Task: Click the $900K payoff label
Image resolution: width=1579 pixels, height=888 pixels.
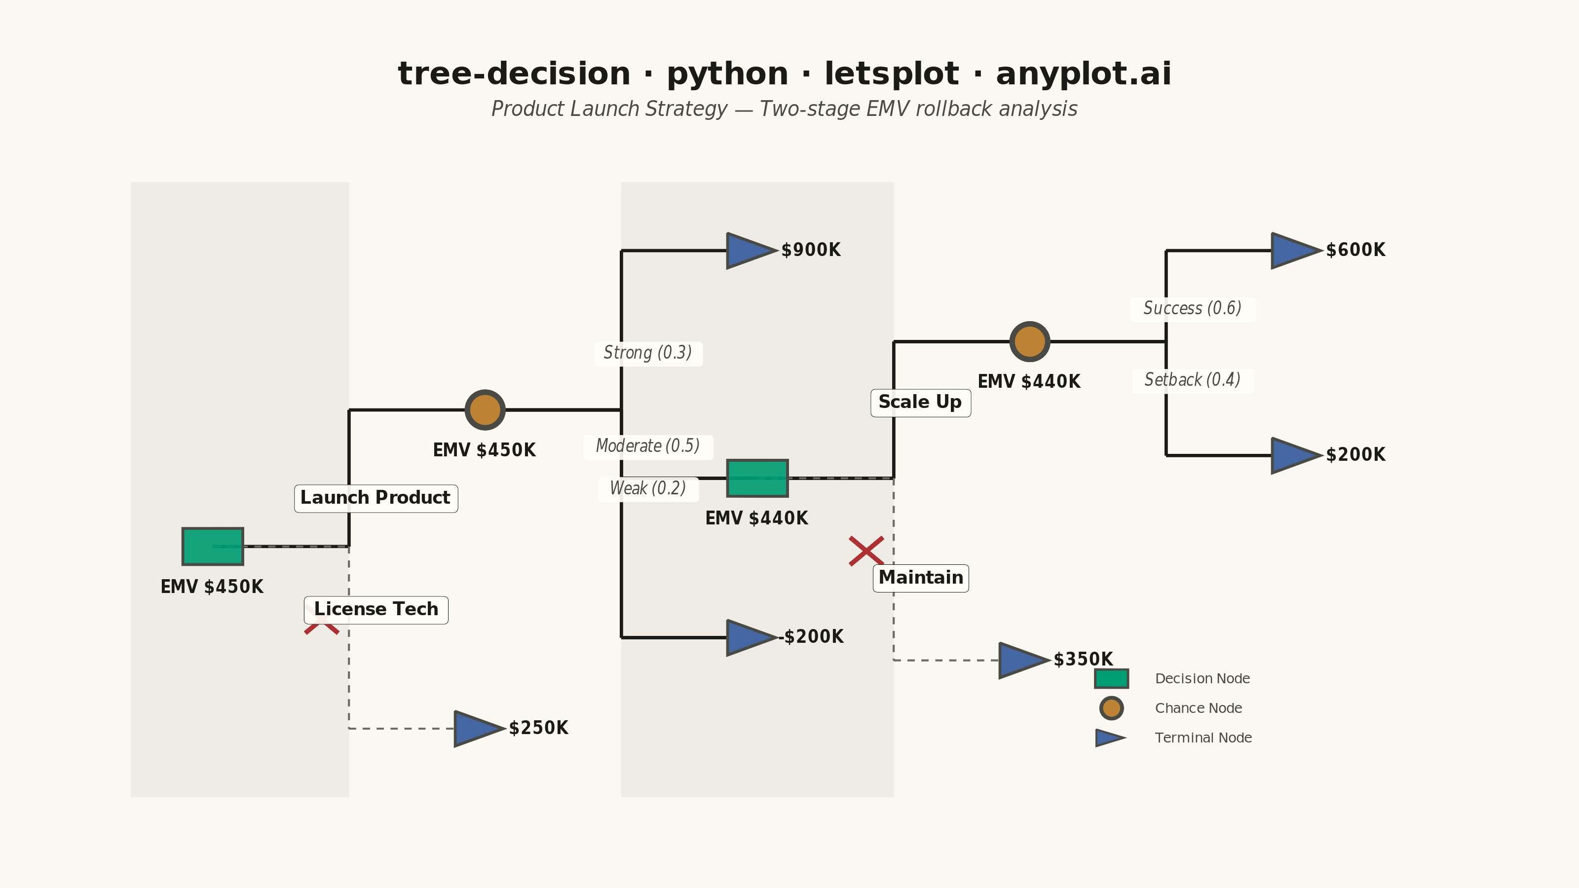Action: (811, 250)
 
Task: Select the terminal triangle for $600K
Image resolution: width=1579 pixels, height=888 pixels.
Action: (1296, 251)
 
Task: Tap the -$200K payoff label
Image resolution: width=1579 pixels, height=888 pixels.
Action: (812, 637)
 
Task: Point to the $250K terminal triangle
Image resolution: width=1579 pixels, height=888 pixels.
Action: (479, 729)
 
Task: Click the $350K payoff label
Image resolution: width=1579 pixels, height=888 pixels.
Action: (1083, 660)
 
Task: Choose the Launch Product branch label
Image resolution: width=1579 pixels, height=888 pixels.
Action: (376, 498)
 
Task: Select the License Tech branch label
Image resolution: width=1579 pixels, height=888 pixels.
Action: (376, 609)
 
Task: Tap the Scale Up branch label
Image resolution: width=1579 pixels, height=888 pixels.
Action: (921, 403)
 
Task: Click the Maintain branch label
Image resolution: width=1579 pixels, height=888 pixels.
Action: (921, 578)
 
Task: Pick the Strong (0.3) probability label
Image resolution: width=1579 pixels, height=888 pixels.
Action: (648, 353)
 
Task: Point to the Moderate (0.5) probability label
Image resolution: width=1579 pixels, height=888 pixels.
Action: (648, 446)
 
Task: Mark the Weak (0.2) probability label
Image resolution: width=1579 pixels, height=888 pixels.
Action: (648, 488)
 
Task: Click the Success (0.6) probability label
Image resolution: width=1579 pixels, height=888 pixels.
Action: (1192, 308)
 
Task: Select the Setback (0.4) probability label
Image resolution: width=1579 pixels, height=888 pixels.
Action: (1192, 380)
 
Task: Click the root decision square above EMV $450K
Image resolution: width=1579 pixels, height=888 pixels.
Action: (213, 546)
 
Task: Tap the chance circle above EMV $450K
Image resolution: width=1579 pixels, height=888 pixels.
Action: (485, 410)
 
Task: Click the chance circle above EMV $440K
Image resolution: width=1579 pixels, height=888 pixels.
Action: (1030, 341)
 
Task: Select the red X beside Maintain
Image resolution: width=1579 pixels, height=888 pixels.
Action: (866, 551)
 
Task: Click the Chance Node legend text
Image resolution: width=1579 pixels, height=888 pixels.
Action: (1199, 708)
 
